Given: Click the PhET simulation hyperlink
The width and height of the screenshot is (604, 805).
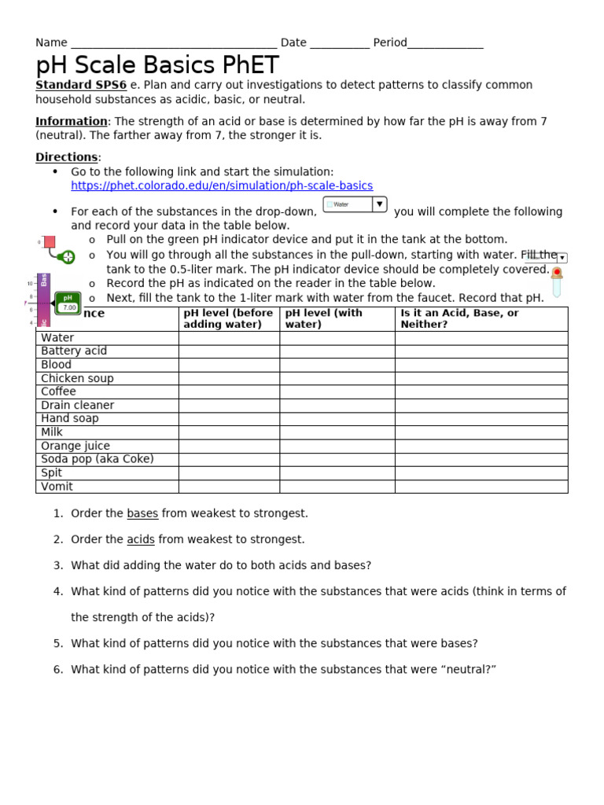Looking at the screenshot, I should (222, 186).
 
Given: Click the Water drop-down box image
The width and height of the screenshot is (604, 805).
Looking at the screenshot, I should (355, 204).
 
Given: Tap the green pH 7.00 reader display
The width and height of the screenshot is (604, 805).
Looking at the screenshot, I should (68, 303).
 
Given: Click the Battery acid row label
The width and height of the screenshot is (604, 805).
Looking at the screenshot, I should (74, 351).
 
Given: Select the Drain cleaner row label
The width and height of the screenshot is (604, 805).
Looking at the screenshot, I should (77, 406).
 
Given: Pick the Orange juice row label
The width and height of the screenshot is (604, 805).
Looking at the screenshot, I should (75, 446).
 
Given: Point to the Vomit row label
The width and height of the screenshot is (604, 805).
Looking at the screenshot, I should (57, 487).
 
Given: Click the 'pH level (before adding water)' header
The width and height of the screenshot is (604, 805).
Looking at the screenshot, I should (228, 318).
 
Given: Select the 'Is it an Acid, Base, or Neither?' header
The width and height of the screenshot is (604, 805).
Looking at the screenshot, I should (460, 318).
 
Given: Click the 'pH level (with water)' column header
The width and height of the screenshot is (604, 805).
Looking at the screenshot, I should (324, 318).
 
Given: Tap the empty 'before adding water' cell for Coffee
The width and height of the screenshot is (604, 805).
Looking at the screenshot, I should (229, 391).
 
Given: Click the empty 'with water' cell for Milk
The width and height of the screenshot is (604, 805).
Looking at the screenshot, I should (337, 432).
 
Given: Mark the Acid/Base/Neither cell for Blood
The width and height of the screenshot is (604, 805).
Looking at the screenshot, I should (481, 365).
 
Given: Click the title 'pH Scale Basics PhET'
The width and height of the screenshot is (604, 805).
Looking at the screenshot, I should (157, 64).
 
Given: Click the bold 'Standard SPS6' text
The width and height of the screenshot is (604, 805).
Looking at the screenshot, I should (81, 85).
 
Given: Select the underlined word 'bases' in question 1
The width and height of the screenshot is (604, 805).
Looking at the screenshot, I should (142, 513).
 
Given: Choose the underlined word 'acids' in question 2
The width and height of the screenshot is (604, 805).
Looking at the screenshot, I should (141, 539).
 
